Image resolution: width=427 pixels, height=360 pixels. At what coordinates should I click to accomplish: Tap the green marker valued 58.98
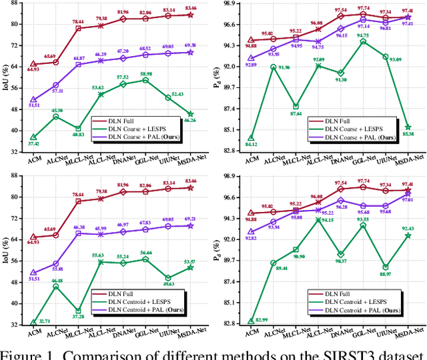click(145, 80)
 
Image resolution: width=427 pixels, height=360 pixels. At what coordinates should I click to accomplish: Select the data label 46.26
click(190, 120)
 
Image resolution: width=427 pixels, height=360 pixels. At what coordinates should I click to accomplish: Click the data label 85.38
click(408, 133)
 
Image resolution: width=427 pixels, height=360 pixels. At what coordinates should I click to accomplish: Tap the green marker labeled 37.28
click(78, 310)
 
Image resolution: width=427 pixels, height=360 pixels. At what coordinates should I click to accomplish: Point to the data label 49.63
click(167, 284)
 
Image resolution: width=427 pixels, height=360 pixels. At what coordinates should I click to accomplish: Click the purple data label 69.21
click(190, 219)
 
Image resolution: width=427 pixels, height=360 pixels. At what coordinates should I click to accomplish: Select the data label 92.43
click(408, 228)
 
